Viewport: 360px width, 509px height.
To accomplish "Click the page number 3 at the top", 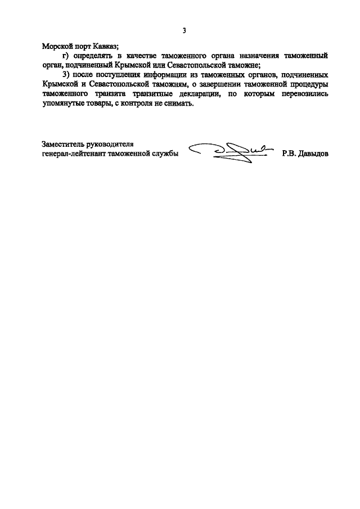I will click(184, 30).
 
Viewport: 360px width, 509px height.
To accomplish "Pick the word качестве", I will click(143, 56).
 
